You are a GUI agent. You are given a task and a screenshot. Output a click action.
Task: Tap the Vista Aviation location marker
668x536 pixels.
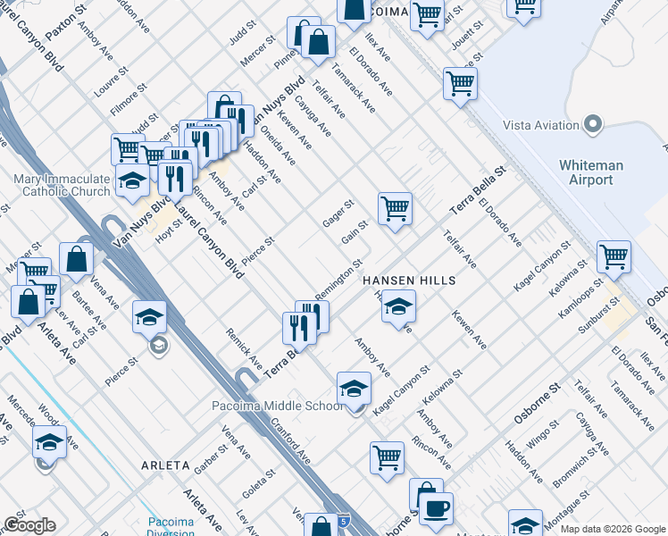(x=591, y=124)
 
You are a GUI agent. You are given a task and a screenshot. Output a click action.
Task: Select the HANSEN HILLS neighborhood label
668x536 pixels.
(x=409, y=281)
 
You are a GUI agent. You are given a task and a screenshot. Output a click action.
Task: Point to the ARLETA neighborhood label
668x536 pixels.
(x=165, y=465)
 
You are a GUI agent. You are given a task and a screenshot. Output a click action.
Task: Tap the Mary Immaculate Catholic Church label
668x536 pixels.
(x=62, y=186)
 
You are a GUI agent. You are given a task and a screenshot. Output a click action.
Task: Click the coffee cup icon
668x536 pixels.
(x=436, y=508)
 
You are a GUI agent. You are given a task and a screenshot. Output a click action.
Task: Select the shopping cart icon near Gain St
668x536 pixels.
(x=395, y=209)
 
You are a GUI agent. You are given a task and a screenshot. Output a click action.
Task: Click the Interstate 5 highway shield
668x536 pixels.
(x=344, y=519)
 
